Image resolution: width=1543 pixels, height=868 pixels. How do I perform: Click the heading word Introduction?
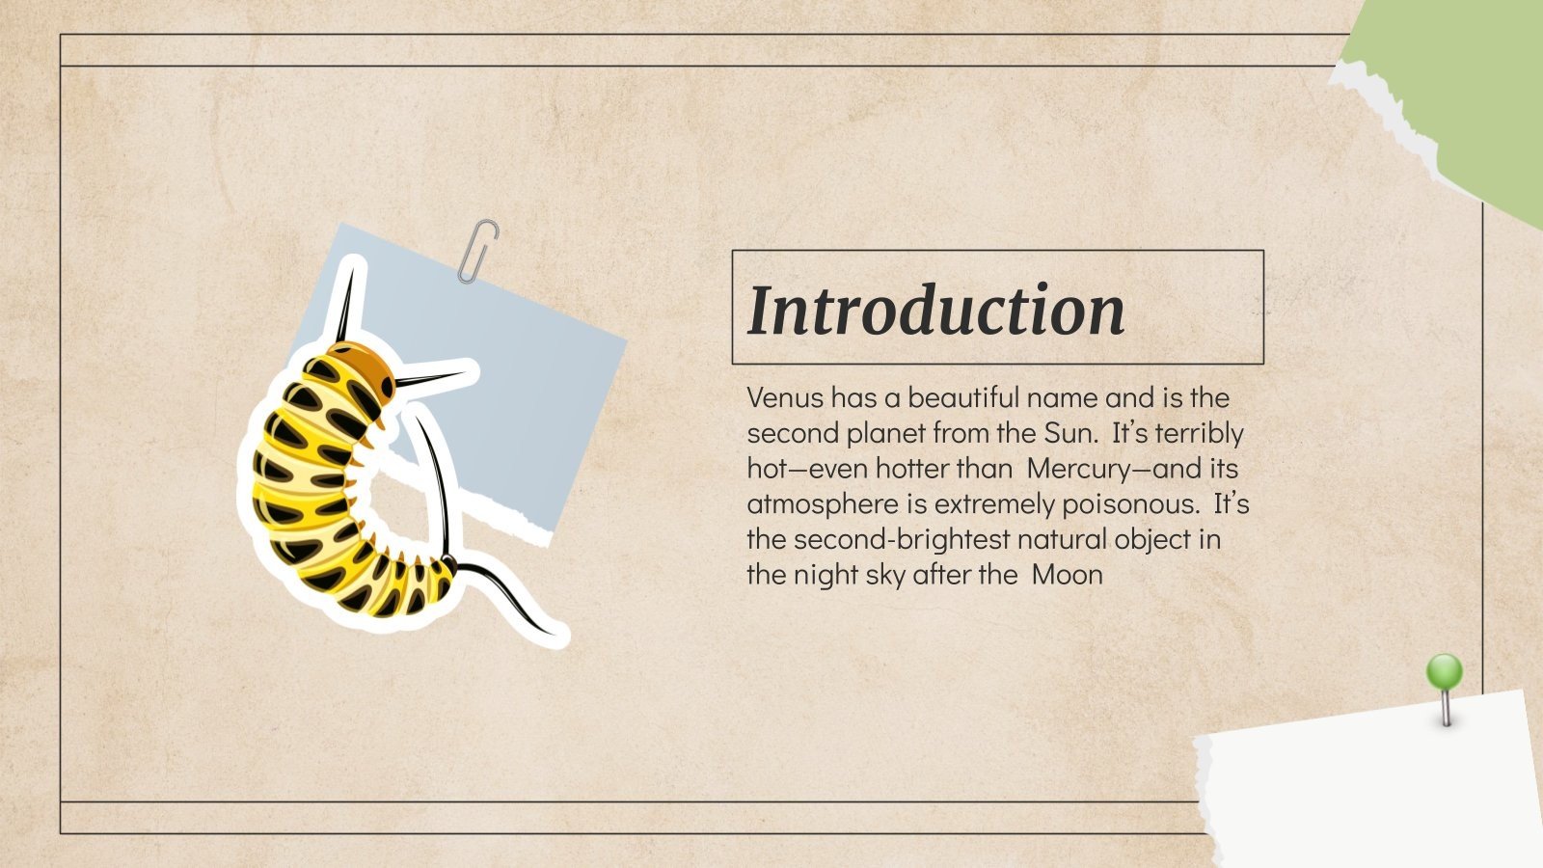click(935, 310)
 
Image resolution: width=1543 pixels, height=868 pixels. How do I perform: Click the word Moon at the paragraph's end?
click(1067, 575)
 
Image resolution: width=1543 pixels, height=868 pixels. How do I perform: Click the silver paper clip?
click(478, 251)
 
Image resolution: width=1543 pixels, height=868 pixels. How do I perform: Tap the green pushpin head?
click(1445, 671)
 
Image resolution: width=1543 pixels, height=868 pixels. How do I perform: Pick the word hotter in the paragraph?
click(914, 469)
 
